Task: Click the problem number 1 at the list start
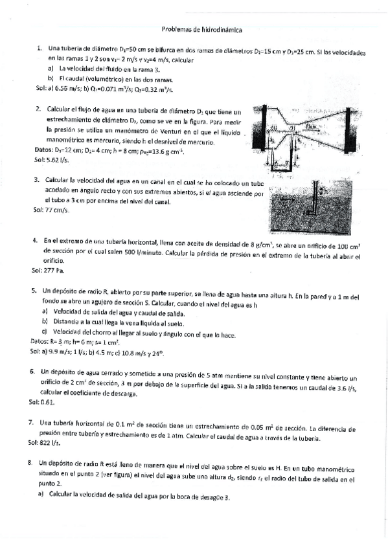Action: [x=40, y=48]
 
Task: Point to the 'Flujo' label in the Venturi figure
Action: [x=310, y=128]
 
